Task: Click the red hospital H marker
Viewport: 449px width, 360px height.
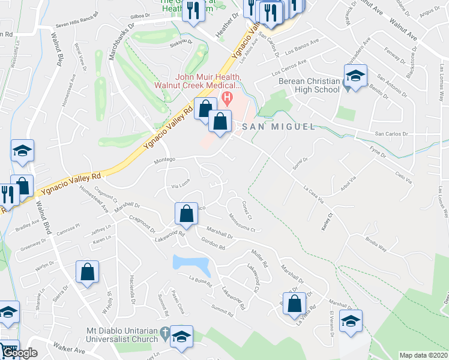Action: point(227,97)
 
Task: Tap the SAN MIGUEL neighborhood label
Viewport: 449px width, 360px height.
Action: point(278,127)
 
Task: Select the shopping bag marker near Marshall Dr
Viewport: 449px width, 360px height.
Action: point(186,213)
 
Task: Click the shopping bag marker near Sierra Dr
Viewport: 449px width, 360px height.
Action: point(88,271)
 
